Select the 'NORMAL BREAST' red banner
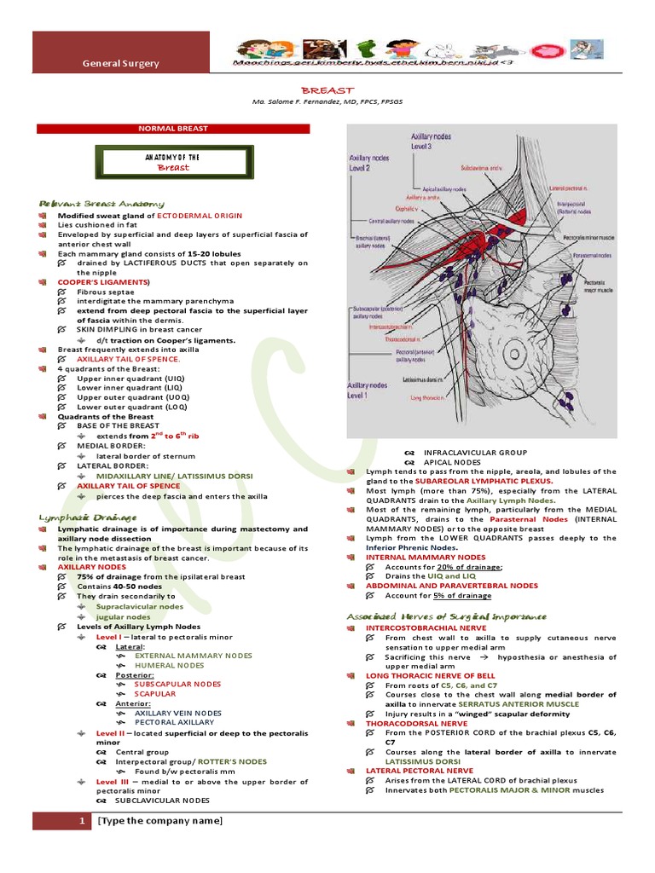click(x=173, y=129)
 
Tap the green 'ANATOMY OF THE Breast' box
click(x=173, y=163)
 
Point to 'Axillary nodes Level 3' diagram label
click(x=432, y=141)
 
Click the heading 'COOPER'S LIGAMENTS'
click(x=103, y=281)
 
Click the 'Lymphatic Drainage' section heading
click(x=88, y=517)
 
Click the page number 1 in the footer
click(x=81, y=821)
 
